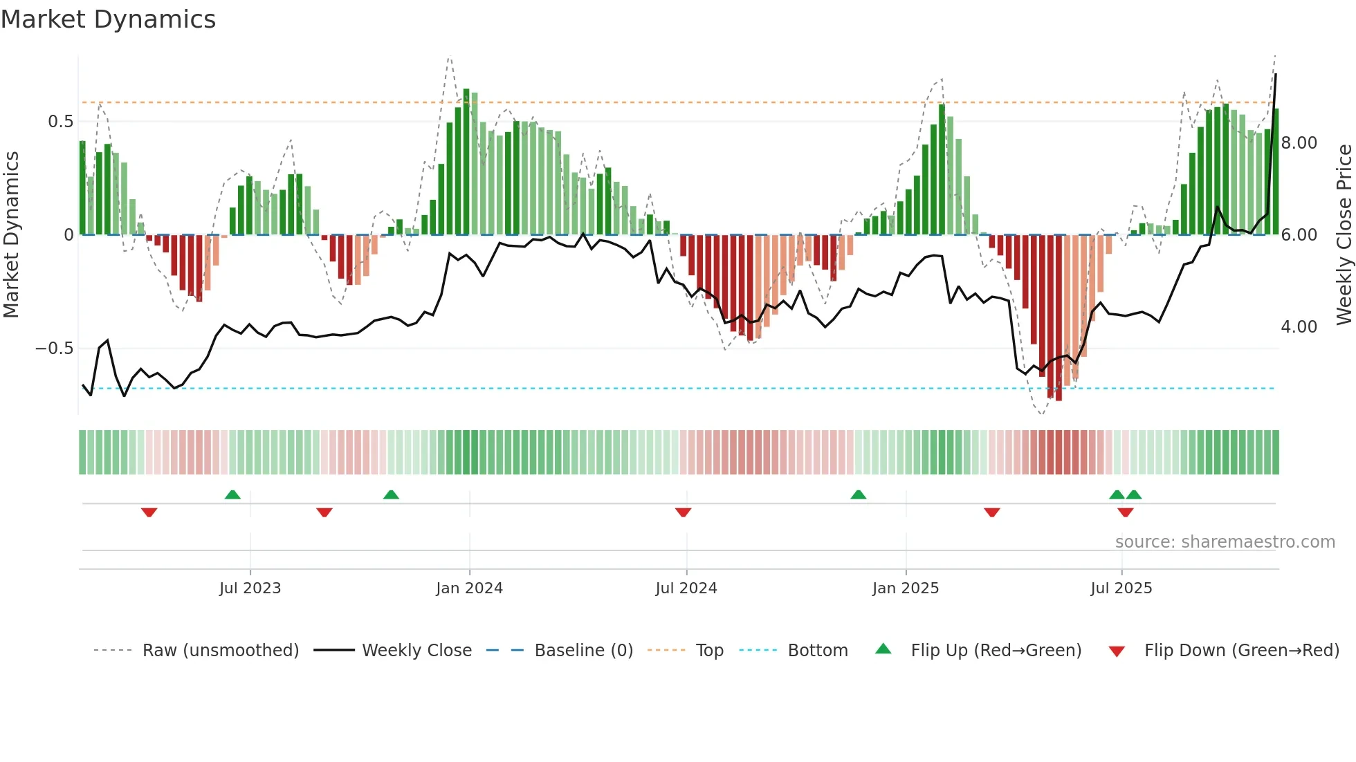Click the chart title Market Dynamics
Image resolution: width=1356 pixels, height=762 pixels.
108,19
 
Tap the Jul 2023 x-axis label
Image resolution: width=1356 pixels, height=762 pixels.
250,588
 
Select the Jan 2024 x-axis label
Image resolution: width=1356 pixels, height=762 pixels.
469,588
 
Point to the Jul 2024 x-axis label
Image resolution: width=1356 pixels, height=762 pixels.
686,588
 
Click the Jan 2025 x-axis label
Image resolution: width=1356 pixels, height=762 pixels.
905,588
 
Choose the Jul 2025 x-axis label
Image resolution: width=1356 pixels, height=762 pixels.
1121,588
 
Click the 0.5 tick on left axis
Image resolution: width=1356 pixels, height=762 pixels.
60,122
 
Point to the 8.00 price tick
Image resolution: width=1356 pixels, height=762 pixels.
1299,143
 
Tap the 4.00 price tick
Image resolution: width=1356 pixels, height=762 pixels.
1299,327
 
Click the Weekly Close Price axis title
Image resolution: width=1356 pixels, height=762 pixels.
1344,235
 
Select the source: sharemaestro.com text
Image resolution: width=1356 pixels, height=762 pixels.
1225,542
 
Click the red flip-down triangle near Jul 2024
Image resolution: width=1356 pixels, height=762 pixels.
683,512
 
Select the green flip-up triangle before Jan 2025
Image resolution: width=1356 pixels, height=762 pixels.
858,494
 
